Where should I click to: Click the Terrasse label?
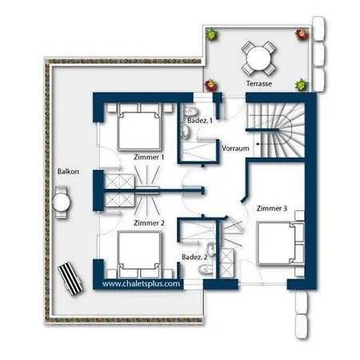pyautogui.click(x=259, y=84)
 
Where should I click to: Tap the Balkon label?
pyautogui.click(x=68, y=171)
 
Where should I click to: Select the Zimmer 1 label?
pyautogui.click(x=149, y=158)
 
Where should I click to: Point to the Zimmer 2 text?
pyautogui.click(x=149, y=223)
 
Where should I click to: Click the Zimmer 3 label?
pyautogui.click(x=272, y=209)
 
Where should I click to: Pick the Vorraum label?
pyautogui.click(x=235, y=148)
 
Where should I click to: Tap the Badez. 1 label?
pyautogui.click(x=200, y=121)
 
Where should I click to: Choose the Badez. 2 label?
pyautogui.click(x=194, y=257)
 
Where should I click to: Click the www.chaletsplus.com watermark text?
pyautogui.click(x=141, y=284)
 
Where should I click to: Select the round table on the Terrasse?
pyautogui.click(x=258, y=58)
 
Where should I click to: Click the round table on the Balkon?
pyautogui.click(x=61, y=202)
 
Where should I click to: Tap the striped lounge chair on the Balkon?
pyautogui.click(x=70, y=278)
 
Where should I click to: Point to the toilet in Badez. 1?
pyautogui.click(x=191, y=110)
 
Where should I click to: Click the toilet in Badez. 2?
pyautogui.click(x=206, y=270)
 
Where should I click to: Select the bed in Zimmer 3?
pyautogui.click(x=280, y=243)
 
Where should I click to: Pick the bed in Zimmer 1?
pyautogui.click(x=139, y=126)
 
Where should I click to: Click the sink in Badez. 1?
pyautogui.click(x=186, y=131)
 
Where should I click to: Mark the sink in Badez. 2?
pyautogui.click(x=210, y=249)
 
